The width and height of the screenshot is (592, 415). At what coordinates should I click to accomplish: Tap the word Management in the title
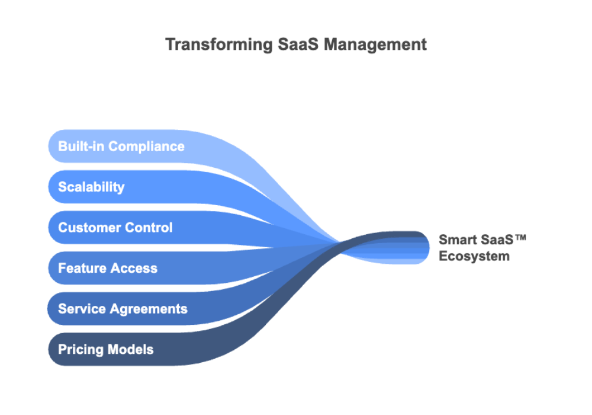click(x=375, y=44)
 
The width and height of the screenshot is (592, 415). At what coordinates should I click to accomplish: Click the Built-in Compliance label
click(x=121, y=146)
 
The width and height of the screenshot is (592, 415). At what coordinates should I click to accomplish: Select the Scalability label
click(x=91, y=187)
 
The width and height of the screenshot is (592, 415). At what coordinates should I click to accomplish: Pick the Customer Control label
click(x=115, y=228)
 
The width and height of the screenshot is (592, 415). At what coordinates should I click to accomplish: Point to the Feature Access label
click(x=108, y=269)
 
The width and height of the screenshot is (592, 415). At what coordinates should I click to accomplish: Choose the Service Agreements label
click(x=123, y=309)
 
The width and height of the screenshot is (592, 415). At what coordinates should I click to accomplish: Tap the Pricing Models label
click(x=105, y=350)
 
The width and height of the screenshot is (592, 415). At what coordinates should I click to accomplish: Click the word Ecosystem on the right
click(x=474, y=257)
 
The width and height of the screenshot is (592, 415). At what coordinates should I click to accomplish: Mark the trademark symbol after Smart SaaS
click(x=520, y=238)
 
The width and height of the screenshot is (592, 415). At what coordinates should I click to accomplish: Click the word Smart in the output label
click(x=457, y=240)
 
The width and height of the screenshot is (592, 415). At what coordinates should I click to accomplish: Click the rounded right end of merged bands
click(x=424, y=248)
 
